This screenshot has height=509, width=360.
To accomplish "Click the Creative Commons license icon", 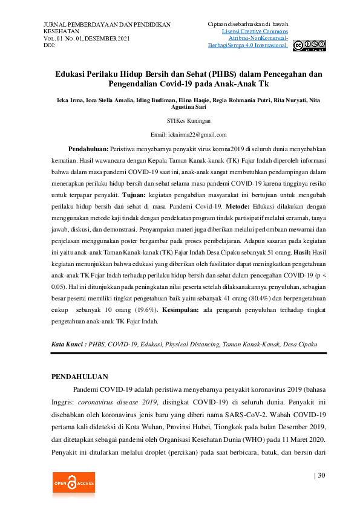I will point(309,45).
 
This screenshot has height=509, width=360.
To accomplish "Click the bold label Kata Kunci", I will point(69,344).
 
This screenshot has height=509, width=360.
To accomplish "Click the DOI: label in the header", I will point(50,45).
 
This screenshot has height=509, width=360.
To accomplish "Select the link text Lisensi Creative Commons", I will point(255,31).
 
